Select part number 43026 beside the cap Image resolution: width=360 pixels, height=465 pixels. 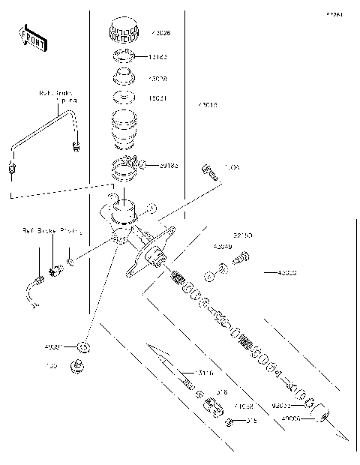(x=160, y=33)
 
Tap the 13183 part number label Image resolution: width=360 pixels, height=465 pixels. (x=160, y=56)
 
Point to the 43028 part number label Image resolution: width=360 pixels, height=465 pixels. (x=160, y=78)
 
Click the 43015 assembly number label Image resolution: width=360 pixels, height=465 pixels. (x=208, y=106)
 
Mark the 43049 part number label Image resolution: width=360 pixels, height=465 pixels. (x=223, y=245)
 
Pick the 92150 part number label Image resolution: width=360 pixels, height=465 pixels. (x=242, y=235)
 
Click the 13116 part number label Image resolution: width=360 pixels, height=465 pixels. (x=204, y=373)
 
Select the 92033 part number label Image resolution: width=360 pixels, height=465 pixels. (x=282, y=406)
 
